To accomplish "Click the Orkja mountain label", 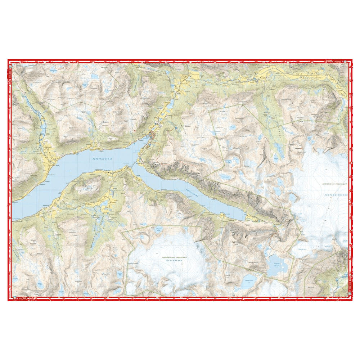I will point(90,187).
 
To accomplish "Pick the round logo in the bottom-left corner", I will point(15,298).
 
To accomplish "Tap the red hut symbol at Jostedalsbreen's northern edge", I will point(302,148).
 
